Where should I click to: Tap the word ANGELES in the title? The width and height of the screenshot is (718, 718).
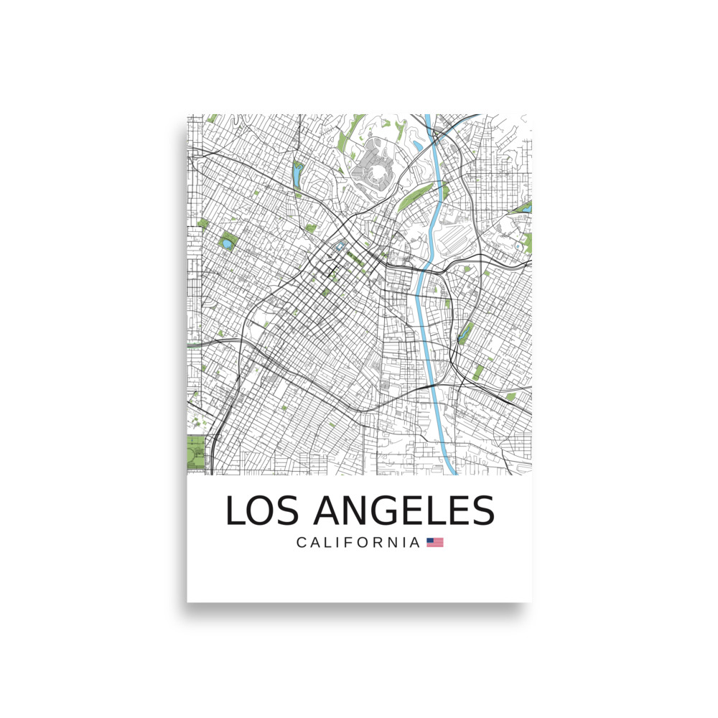click(x=404, y=510)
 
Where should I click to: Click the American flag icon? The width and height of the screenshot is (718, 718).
click(x=435, y=543)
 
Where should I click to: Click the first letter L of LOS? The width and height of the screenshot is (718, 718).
click(x=236, y=510)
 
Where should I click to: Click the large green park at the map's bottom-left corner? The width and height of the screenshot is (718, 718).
click(x=195, y=452)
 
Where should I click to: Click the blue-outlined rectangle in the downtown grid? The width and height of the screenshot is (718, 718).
click(x=338, y=251)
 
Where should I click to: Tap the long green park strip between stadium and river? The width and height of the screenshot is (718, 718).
click(x=420, y=194)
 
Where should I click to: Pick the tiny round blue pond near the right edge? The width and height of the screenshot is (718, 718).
click(x=517, y=246)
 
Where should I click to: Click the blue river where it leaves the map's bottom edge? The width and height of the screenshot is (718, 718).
click(x=452, y=470)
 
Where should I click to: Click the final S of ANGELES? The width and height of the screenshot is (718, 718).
click(x=482, y=510)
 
